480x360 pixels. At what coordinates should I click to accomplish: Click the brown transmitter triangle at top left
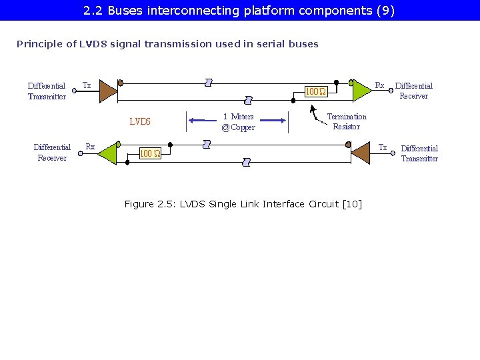coord(108,91)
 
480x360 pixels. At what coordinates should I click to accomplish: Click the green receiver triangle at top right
coord(360,90)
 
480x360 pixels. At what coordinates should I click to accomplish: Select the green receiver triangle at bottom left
coord(107,153)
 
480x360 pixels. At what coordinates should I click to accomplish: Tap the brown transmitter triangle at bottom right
coord(360,153)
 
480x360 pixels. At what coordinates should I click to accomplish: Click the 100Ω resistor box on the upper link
coord(315,91)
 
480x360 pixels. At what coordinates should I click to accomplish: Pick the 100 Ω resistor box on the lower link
coord(149,153)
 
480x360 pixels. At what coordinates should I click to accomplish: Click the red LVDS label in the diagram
coord(140,122)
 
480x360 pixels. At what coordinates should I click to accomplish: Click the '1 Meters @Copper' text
coord(238,122)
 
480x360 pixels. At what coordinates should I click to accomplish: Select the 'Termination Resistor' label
coord(347,121)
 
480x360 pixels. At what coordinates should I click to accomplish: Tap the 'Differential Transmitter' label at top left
coord(47,91)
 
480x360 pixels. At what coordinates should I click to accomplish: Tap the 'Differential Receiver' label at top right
coord(413,91)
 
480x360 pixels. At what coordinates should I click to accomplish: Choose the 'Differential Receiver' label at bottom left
coord(52,153)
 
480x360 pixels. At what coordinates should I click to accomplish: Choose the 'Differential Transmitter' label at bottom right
coord(419,153)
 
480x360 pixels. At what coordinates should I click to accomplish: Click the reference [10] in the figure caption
coord(351,204)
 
